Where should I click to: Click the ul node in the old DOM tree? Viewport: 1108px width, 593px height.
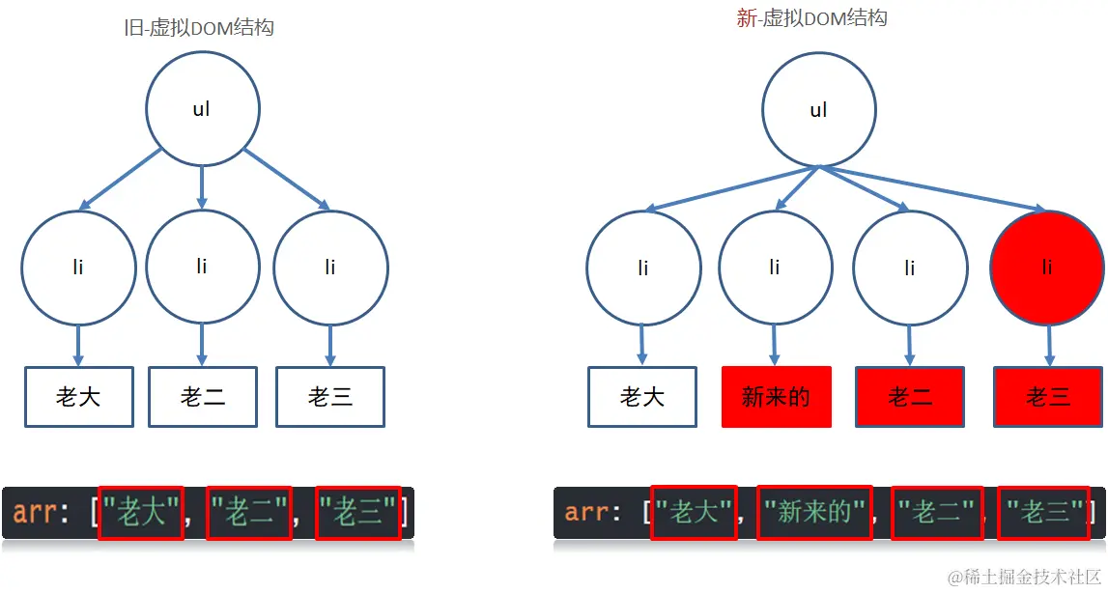click(x=202, y=109)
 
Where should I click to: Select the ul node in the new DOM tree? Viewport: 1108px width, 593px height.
click(x=818, y=110)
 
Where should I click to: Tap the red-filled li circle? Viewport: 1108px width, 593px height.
click(x=1047, y=268)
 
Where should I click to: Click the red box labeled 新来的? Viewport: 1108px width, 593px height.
click(x=776, y=396)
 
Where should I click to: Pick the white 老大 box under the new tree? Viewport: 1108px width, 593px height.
click(x=642, y=396)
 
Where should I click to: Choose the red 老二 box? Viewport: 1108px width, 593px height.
click(x=909, y=396)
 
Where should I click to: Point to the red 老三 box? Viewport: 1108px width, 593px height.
click(x=1048, y=396)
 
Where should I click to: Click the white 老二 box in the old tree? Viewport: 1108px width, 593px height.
click(x=203, y=396)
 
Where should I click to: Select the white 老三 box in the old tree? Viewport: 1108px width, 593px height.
click(x=330, y=396)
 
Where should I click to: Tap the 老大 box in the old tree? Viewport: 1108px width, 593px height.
click(x=79, y=396)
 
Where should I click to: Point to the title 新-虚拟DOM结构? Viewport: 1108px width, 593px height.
click(x=811, y=18)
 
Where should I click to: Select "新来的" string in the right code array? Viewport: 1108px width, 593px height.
click(x=814, y=512)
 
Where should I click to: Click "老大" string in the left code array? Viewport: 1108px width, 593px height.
click(x=141, y=513)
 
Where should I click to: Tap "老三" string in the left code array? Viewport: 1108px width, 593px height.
click(x=358, y=513)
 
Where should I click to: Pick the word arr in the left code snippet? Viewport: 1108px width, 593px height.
click(x=35, y=513)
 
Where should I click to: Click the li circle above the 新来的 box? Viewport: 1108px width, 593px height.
click(x=776, y=268)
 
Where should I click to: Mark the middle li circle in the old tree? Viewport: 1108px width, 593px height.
click(x=202, y=267)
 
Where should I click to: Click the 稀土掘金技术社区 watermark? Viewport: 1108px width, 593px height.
click(x=1025, y=578)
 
